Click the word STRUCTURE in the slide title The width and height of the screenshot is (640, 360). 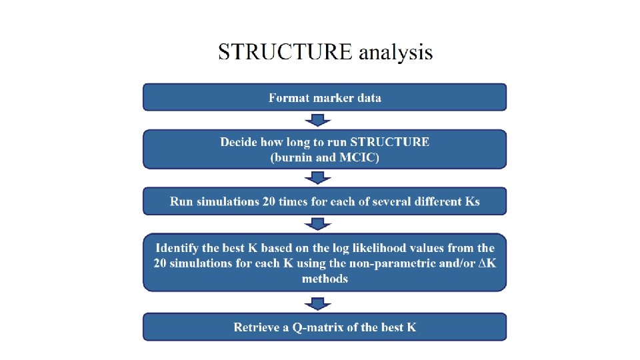coord(285,52)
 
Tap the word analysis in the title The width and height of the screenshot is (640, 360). coord(396,53)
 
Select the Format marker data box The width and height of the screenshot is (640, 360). coord(325,97)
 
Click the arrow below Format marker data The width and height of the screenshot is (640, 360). coord(318,120)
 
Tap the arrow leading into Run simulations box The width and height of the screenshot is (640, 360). coord(318,177)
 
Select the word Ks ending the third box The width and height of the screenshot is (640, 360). coord(472,201)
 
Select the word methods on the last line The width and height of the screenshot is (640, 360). coord(325,278)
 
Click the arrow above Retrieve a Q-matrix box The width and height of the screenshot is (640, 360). coord(318,304)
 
